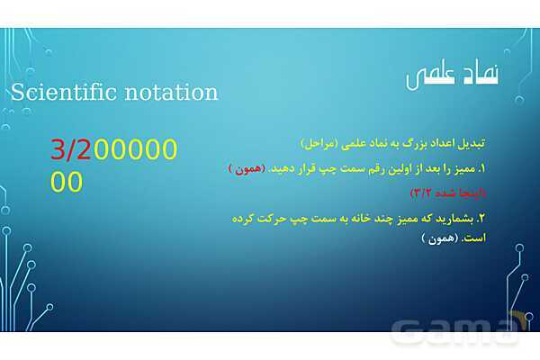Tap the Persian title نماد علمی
453,77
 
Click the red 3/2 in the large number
71,150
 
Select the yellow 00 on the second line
67,182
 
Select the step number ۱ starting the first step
482,168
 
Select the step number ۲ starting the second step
482,218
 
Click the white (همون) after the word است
439,239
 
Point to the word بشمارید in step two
454,218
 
